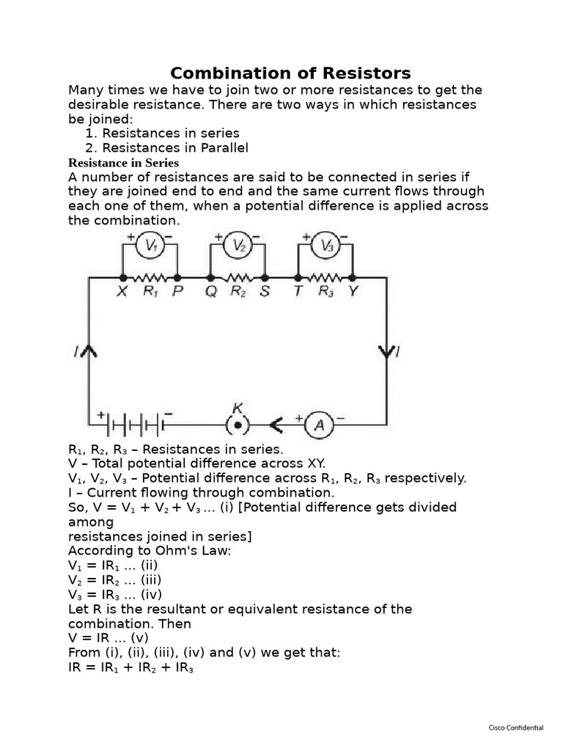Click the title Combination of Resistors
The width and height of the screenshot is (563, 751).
(290, 73)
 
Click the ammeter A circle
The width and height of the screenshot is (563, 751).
(318, 424)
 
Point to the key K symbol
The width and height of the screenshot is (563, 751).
(237, 424)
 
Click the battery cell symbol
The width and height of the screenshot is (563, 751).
(136, 424)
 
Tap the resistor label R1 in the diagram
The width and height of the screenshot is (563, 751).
(150, 291)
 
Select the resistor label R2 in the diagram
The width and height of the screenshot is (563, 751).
(238, 291)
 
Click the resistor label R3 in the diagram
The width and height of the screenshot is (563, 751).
(325, 291)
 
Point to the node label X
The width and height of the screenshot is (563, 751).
(122, 291)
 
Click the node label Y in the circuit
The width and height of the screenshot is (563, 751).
(353, 291)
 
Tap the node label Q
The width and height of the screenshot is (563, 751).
(211, 291)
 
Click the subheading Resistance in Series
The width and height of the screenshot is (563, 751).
(123, 163)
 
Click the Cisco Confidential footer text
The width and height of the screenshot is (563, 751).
(516, 728)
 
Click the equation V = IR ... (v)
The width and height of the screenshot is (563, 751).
(108, 638)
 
